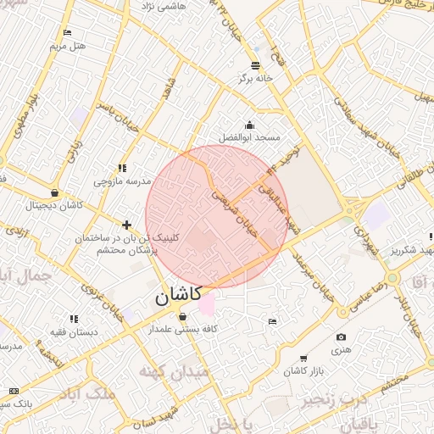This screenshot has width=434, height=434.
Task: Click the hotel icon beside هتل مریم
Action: (x=67, y=33)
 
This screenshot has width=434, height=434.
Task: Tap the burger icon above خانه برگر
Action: (x=256, y=65)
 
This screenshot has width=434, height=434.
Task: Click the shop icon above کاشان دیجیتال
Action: (x=55, y=193)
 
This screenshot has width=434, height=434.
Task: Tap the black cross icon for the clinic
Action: (x=126, y=225)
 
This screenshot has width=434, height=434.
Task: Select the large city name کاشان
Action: (x=178, y=295)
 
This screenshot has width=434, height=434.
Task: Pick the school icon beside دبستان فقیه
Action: (x=74, y=320)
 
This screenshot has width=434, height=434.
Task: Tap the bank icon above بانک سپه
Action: (x=13, y=390)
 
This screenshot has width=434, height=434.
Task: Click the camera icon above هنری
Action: (x=341, y=337)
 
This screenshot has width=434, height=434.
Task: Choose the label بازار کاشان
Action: (x=306, y=371)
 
